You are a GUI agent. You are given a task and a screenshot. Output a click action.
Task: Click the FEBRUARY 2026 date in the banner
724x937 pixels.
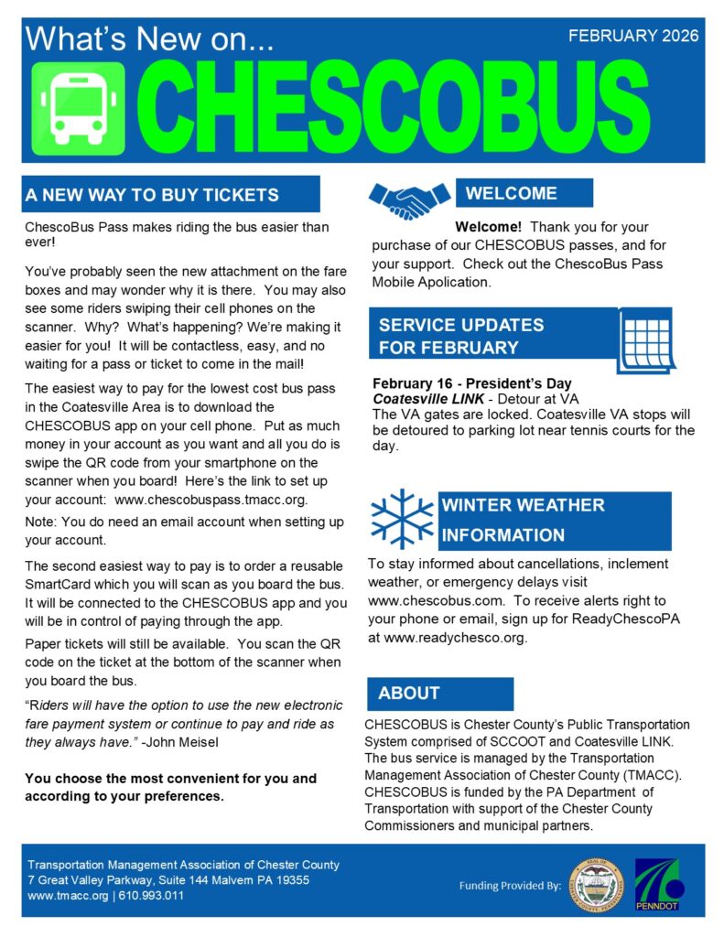point(633,37)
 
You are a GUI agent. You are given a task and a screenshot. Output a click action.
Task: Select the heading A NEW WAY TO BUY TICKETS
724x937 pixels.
point(153,195)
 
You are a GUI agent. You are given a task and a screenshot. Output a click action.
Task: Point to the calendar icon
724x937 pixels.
point(646,338)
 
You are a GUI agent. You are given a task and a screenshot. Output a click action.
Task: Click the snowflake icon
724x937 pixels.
point(402,519)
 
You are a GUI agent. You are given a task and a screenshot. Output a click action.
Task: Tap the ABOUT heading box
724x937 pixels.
point(409,693)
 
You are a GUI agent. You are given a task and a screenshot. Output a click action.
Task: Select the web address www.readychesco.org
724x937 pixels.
point(457,637)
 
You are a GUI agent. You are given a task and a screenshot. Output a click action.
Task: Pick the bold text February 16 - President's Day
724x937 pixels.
point(472,383)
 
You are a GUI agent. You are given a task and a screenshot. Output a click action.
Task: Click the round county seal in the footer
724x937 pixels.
point(596,886)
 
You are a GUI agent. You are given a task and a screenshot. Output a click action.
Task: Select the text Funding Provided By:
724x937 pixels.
point(509,886)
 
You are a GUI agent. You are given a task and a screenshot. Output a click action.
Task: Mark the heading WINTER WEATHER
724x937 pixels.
point(523,505)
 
